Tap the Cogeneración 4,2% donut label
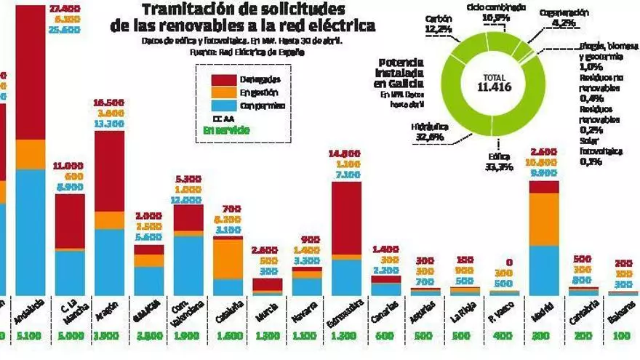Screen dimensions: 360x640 564,17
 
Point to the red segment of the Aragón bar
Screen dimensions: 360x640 109,171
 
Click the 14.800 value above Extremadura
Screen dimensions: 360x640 345,153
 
